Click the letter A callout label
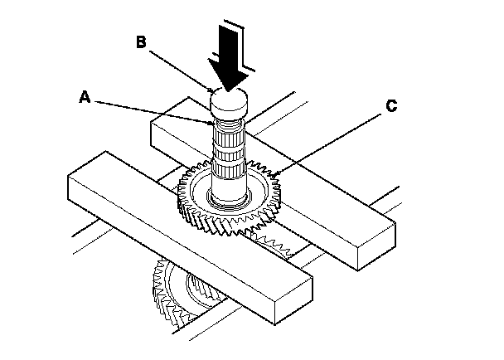[x=84, y=97]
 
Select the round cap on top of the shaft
[x=230, y=104]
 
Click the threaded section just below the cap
[x=230, y=129]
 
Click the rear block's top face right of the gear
[x=332, y=207]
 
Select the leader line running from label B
[x=178, y=65]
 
